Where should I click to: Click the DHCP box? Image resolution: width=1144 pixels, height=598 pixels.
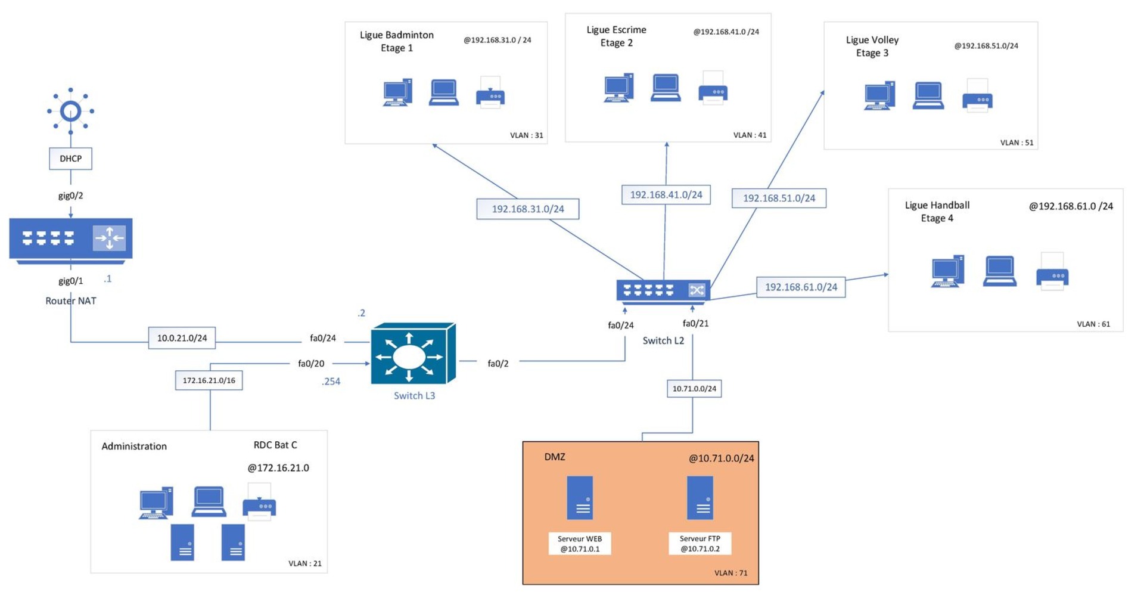(70, 159)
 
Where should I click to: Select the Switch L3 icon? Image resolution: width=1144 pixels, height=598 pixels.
(412, 355)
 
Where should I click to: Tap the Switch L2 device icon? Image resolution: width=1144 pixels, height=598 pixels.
(663, 291)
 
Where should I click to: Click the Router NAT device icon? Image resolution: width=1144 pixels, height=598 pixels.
(70, 240)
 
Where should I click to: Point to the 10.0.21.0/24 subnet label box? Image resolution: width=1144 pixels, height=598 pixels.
(182, 338)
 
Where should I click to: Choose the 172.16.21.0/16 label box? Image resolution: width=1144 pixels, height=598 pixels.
(209, 380)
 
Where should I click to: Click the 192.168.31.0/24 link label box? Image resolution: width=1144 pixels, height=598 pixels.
(527, 209)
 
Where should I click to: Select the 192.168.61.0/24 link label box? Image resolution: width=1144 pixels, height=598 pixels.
(801, 287)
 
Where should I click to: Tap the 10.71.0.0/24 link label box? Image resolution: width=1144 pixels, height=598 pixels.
(694, 389)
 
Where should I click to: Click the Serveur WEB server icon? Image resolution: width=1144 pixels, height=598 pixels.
(580, 498)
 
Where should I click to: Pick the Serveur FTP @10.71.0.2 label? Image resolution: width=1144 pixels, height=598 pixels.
(700, 544)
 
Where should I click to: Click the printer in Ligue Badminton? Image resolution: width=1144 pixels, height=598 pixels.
(490, 93)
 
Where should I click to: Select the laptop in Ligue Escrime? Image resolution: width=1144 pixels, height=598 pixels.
(666, 88)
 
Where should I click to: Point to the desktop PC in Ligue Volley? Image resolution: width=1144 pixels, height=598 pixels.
(879, 96)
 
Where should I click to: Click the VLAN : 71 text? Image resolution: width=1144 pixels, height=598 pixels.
(730, 573)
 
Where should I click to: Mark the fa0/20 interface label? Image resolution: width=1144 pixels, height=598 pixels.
(311, 363)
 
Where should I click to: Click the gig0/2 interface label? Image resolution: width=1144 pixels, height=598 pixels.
(70, 196)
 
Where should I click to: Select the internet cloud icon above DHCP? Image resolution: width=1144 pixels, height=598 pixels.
(70, 111)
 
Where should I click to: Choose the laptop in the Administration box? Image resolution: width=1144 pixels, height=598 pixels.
(209, 502)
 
